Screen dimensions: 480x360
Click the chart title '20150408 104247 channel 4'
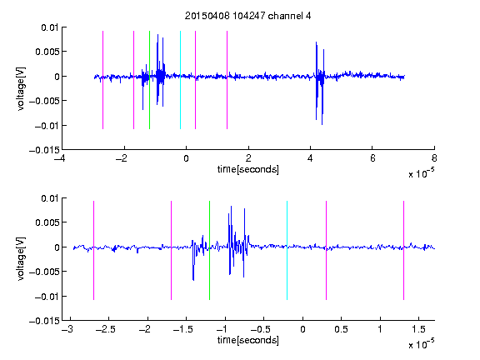coord(247,16)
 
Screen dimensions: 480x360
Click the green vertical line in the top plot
coord(149,80)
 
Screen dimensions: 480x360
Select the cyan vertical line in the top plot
coord(180,80)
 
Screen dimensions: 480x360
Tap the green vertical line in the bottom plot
coord(209,250)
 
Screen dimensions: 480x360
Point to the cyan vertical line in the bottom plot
coord(287,250)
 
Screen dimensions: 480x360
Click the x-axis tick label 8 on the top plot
coord(434,158)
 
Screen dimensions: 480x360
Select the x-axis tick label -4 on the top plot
coord(60,158)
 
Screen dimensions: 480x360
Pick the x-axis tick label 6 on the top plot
coord(372,158)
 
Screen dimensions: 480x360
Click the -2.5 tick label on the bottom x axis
coord(105,329)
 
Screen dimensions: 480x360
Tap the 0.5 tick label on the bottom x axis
coord(341,329)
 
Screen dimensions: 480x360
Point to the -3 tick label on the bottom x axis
coord(67,329)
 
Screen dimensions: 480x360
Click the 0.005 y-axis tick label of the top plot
coord(47,52)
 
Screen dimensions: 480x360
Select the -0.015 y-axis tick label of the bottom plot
coord(44,321)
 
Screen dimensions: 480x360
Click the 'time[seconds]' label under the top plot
coord(248,169)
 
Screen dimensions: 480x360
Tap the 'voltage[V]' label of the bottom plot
coord(21,258)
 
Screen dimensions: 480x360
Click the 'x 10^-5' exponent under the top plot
coord(421,173)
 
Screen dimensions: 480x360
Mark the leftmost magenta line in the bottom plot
coord(93,250)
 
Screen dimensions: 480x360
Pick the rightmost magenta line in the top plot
coord(227,80)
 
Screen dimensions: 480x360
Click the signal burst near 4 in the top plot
coord(320,82)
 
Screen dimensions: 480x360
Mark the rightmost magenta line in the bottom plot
coord(403,250)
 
